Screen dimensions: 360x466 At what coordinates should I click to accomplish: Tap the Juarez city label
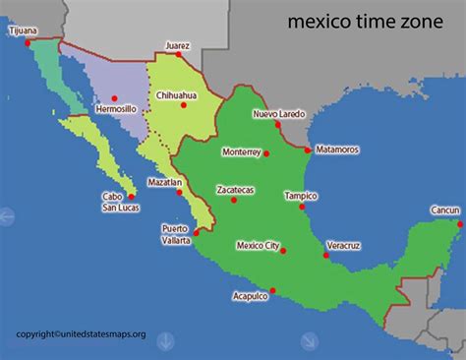click(178, 44)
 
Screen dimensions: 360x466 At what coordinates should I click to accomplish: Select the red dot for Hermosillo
click(114, 96)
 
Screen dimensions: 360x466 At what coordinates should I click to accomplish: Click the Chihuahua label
click(177, 95)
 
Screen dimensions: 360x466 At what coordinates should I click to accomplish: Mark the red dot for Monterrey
click(266, 152)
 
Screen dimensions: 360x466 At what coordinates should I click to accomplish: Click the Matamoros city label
click(337, 150)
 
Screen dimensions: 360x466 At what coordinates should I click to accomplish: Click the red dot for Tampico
click(303, 207)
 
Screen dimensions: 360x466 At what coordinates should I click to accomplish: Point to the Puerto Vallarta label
click(176, 234)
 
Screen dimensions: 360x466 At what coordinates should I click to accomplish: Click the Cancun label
click(444, 210)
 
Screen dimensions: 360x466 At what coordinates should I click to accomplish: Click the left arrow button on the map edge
click(6, 215)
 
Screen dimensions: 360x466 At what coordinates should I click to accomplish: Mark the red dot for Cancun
click(460, 222)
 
